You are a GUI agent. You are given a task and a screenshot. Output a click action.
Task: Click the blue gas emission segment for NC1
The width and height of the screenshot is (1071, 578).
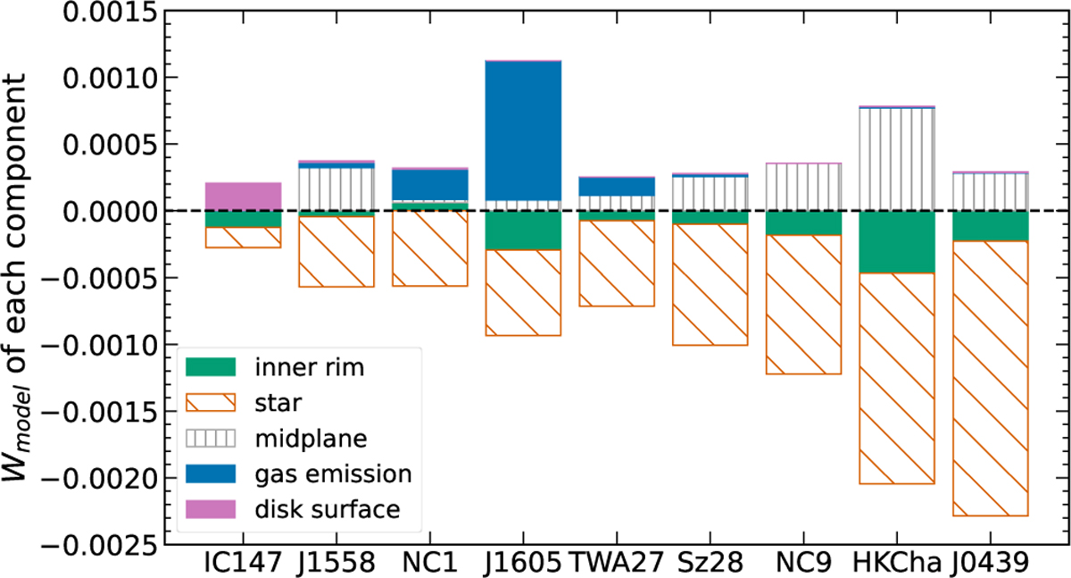tap(429, 184)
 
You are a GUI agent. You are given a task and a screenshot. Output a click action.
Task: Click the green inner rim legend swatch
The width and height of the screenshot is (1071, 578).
tap(211, 366)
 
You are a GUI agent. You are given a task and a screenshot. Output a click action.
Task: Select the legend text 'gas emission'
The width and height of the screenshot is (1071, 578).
tap(320, 473)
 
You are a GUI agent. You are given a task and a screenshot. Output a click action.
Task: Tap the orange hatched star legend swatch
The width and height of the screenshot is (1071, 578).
tap(211, 402)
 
